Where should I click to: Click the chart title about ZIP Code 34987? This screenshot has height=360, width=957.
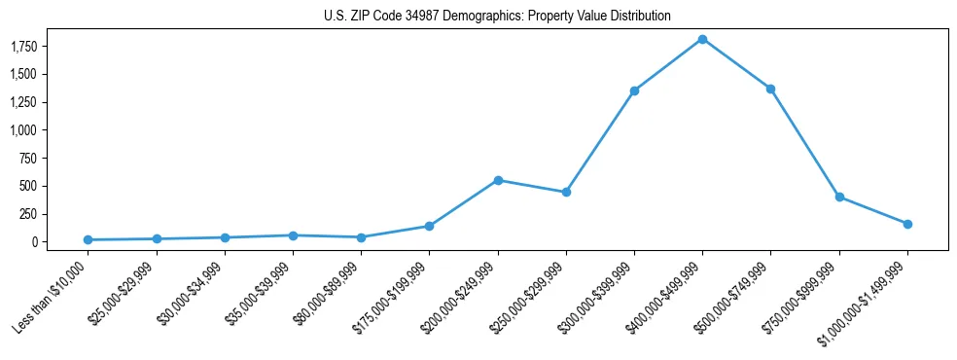(497, 17)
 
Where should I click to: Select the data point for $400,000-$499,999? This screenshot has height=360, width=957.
(702, 39)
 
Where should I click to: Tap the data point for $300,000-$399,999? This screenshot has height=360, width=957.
(634, 90)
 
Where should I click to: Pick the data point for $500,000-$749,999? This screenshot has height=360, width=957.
(770, 89)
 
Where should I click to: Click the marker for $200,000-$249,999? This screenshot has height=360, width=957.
(498, 180)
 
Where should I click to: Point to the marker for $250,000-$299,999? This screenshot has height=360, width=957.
(566, 192)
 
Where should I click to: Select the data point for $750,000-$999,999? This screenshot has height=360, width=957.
(839, 197)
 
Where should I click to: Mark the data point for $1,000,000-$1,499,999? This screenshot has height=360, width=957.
(907, 224)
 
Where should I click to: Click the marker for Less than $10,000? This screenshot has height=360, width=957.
(89, 239)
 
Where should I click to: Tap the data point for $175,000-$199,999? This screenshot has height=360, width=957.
(429, 226)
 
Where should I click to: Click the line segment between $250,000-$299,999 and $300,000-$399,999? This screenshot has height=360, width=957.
(600, 141)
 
